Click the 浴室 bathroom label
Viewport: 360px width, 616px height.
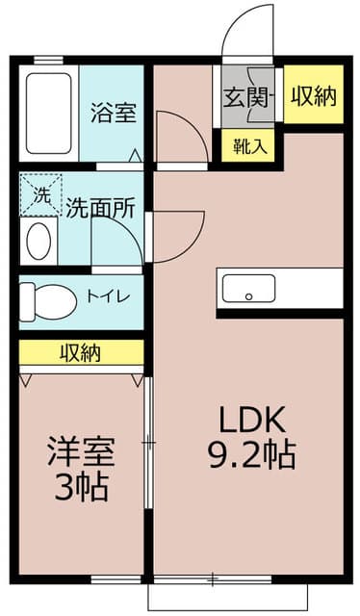pos(113,112)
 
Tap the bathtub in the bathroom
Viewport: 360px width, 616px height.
pos(49,113)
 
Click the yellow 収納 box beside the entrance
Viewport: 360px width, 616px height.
pos(314,95)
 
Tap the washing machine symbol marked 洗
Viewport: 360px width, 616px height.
pos(40,194)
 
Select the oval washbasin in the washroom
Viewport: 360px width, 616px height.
pos(39,242)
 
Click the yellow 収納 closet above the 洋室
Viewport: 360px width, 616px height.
pos(81,352)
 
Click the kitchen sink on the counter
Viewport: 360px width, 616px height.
pos(249,288)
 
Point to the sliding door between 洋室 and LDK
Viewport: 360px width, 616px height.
pos(148,443)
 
